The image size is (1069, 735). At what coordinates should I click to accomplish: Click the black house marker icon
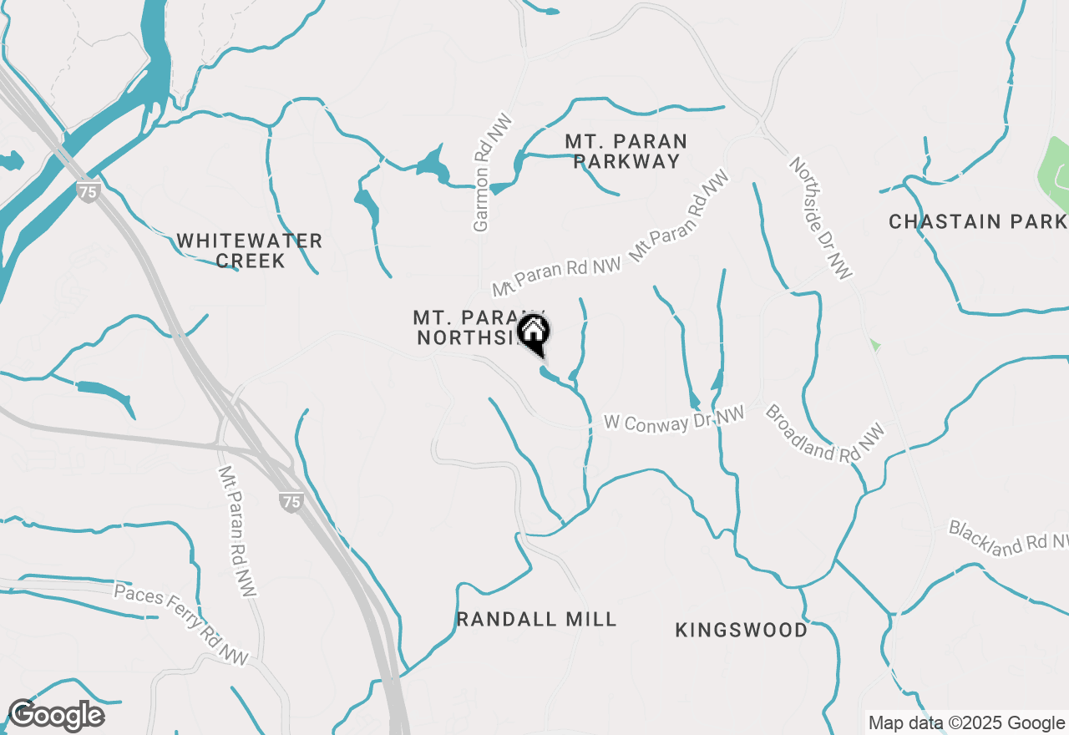click(x=533, y=332)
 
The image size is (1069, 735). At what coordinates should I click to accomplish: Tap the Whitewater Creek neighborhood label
click(x=249, y=251)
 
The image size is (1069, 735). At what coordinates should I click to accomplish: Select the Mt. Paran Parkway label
click(x=626, y=151)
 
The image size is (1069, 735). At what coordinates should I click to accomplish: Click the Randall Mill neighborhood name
click(x=537, y=619)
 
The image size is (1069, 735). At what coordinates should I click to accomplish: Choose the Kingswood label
click(x=741, y=630)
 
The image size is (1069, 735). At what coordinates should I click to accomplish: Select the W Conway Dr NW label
click(x=674, y=419)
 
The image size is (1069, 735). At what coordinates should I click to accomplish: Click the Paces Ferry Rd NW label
click(x=181, y=625)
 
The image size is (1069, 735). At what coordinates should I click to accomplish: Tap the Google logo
click(x=56, y=716)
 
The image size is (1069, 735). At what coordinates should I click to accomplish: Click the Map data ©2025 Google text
click(x=966, y=723)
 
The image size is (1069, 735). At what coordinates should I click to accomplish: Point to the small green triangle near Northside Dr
click(x=874, y=344)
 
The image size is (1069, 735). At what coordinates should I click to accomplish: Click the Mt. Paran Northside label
click(x=473, y=327)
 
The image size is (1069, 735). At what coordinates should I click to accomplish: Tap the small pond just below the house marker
click(x=551, y=376)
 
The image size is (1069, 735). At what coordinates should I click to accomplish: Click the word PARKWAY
click(x=626, y=162)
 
